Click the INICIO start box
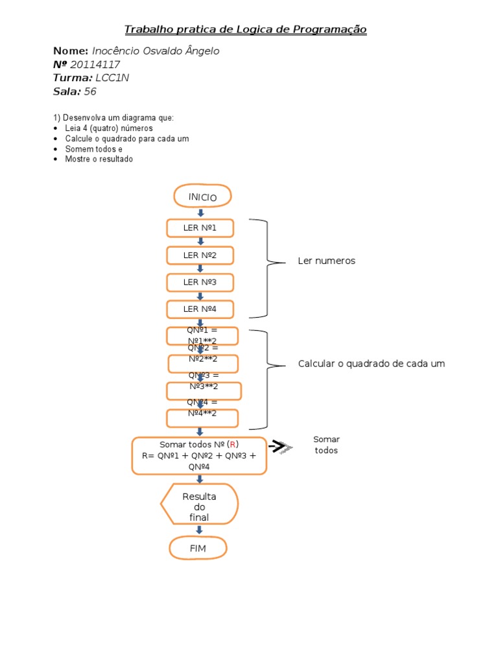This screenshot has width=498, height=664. [202, 196]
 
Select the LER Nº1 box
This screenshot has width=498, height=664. [200, 228]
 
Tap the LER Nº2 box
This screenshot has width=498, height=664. [200, 255]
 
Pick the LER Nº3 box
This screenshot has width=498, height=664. [200, 282]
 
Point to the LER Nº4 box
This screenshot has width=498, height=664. [200, 309]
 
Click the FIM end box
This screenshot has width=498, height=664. [198, 548]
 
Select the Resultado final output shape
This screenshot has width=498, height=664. [199, 504]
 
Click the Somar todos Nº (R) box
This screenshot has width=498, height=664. [199, 455]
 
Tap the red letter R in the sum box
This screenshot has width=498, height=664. [233, 444]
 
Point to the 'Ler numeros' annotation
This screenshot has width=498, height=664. [326, 261]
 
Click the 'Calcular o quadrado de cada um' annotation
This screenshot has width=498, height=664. [372, 364]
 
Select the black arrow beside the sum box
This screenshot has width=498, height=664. [279, 446]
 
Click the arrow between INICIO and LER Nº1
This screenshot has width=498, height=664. [200, 213]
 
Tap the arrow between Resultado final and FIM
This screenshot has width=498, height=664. [199, 530]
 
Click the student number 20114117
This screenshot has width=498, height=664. [96, 65]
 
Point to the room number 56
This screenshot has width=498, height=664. [90, 92]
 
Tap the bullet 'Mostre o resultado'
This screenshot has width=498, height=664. [99, 159]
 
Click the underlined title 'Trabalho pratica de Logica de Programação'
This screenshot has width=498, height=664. [245, 30]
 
